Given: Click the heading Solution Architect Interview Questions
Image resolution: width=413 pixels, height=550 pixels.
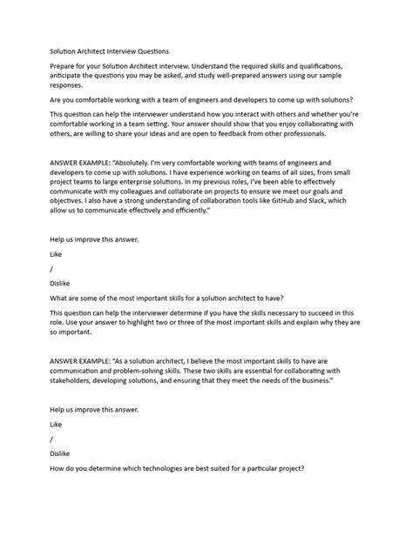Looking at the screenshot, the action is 109,50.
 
